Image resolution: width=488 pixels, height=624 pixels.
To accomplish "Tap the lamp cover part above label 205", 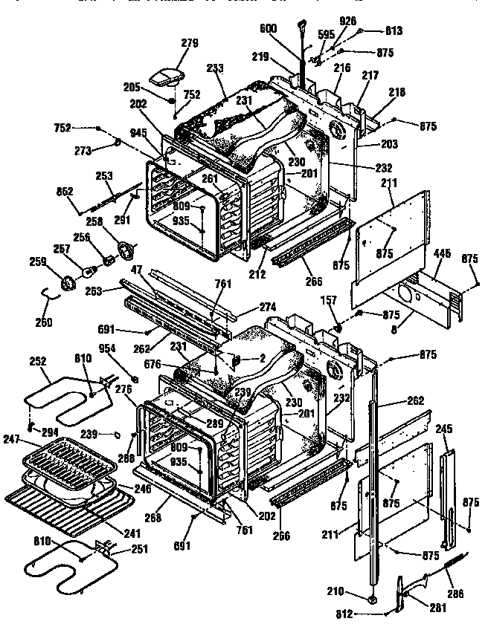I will click(x=166, y=76).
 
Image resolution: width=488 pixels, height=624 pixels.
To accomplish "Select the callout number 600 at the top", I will click(x=269, y=28).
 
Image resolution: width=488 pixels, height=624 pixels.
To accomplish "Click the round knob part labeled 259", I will click(x=69, y=282).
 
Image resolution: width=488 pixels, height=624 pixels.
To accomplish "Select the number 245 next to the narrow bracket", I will click(x=443, y=429).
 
